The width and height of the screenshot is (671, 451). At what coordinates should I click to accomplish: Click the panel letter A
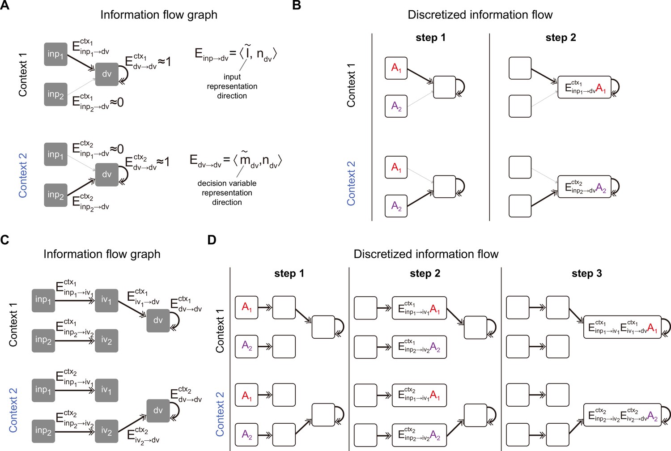tap(4, 5)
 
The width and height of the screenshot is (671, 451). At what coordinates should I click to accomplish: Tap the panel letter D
tap(212, 240)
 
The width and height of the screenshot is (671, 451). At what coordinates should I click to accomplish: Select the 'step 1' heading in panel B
tap(430, 38)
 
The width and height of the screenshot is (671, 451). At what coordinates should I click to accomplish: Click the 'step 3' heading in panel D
tap(586, 273)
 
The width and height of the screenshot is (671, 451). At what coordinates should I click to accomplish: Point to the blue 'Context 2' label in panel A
tap(23, 175)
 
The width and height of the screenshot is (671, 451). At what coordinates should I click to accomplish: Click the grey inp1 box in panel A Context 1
tap(56, 54)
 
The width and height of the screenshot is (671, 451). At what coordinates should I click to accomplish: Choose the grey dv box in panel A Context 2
tap(107, 174)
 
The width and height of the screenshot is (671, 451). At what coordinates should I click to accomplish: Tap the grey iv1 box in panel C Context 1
tap(106, 301)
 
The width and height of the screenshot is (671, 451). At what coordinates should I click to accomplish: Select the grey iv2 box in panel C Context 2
tap(106, 431)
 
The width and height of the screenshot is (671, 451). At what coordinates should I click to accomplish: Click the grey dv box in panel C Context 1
tap(158, 321)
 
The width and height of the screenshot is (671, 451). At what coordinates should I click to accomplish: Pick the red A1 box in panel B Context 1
tap(396, 68)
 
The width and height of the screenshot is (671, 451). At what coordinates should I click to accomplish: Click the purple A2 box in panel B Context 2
tap(396, 206)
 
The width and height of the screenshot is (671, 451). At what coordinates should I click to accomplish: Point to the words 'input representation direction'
tap(232, 86)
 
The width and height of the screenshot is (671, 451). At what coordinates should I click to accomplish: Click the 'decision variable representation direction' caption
tap(227, 193)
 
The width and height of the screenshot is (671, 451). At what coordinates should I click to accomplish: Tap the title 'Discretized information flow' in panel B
tap(480, 15)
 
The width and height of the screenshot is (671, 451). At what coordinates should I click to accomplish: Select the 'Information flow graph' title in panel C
tap(102, 254)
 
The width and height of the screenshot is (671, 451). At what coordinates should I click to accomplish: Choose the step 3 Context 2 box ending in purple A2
tap(622, 415)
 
